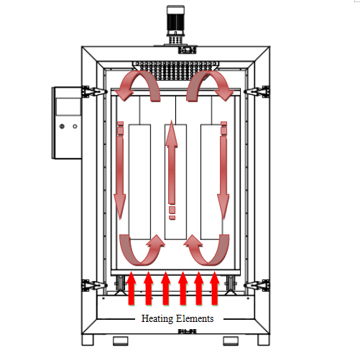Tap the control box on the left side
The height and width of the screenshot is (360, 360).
point(66,124)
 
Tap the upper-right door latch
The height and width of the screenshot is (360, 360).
point(256,91)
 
